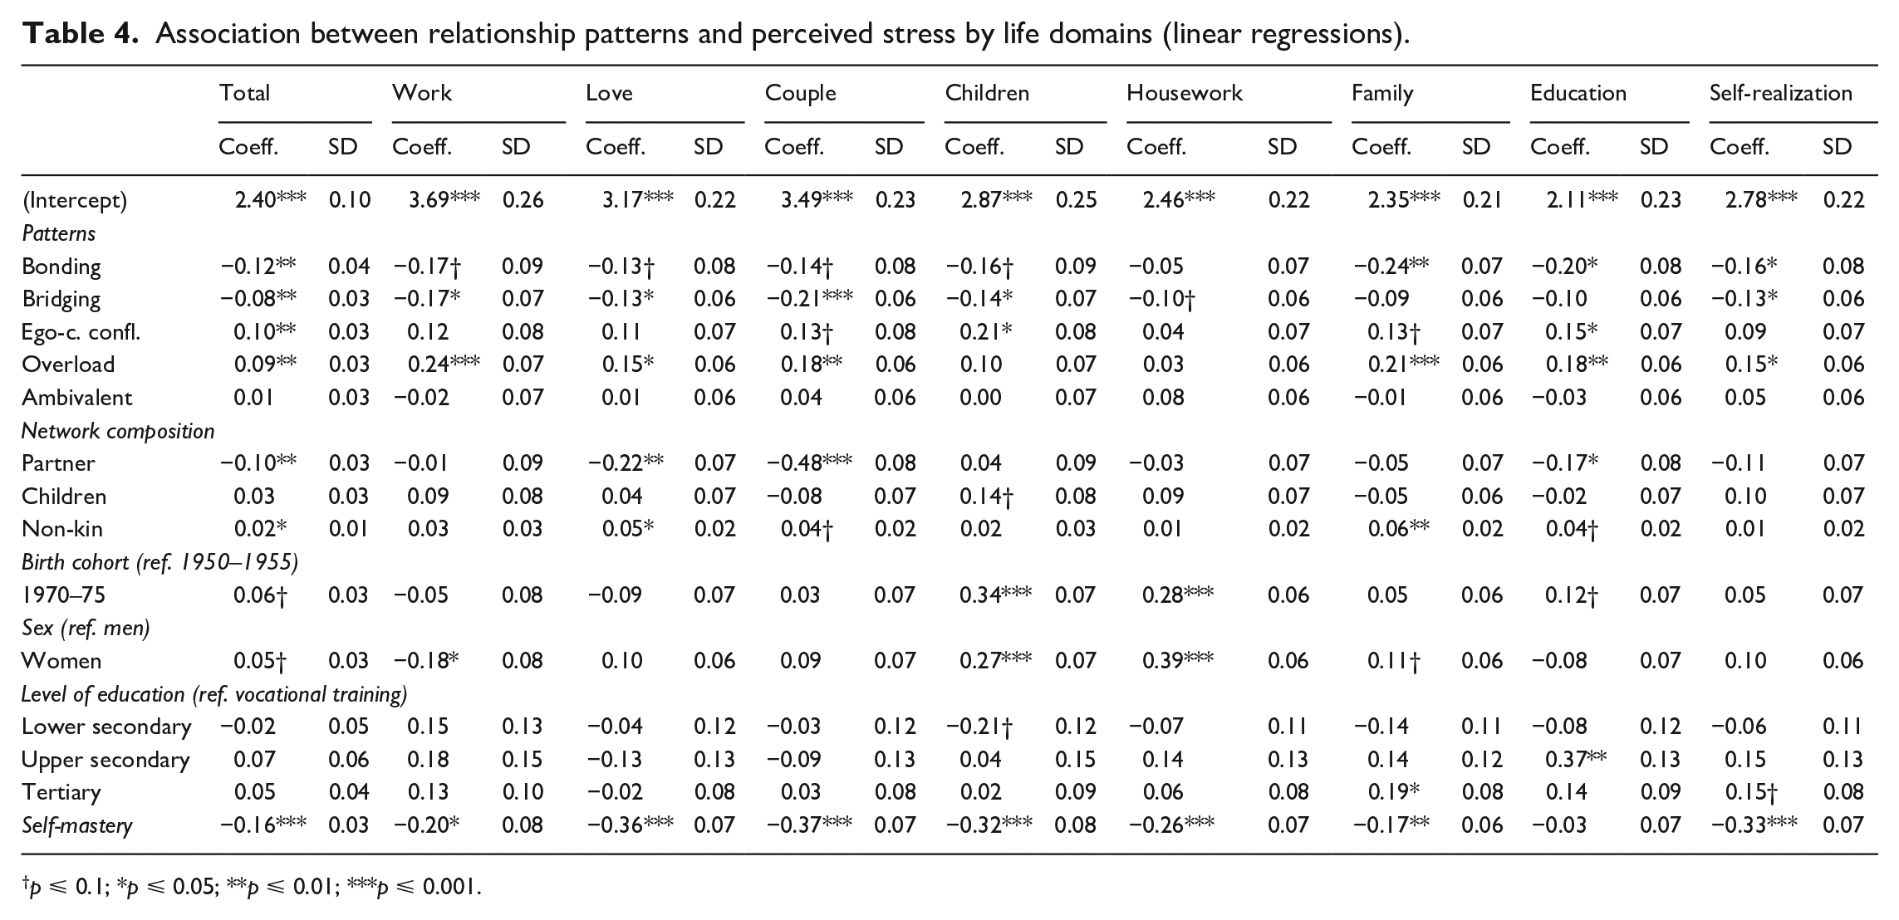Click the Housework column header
pyautogui.click(x=1184, y=93)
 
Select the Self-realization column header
pyautogui.click(x=1780, y=93)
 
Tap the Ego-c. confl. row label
pyautogui.click(x=81, y=332)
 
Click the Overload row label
pyautogui.click(x=68, y=365)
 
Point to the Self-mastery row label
pyautogui.click(x=76, y=825)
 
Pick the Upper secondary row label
pyautogui.click(x=105, y=760)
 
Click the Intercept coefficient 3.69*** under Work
pyautogui.click(x=444, y=199)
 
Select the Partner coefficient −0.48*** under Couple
pyautogui.click(x=809, y=462)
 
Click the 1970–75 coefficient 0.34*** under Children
pyautogui.click(x=996, y=595)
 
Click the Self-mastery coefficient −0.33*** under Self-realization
pyautogui.click(x=1754, y=825)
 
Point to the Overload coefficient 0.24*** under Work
pyautogui.click(x=444, y=364)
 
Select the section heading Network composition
pyautogui.click(x=118, y=431)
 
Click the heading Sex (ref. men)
pyautogui.click(x=86, y=628)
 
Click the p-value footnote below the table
pyautogui.click(x=252, y=888)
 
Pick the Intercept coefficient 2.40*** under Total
pyautogui.click(x=271, y=199)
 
